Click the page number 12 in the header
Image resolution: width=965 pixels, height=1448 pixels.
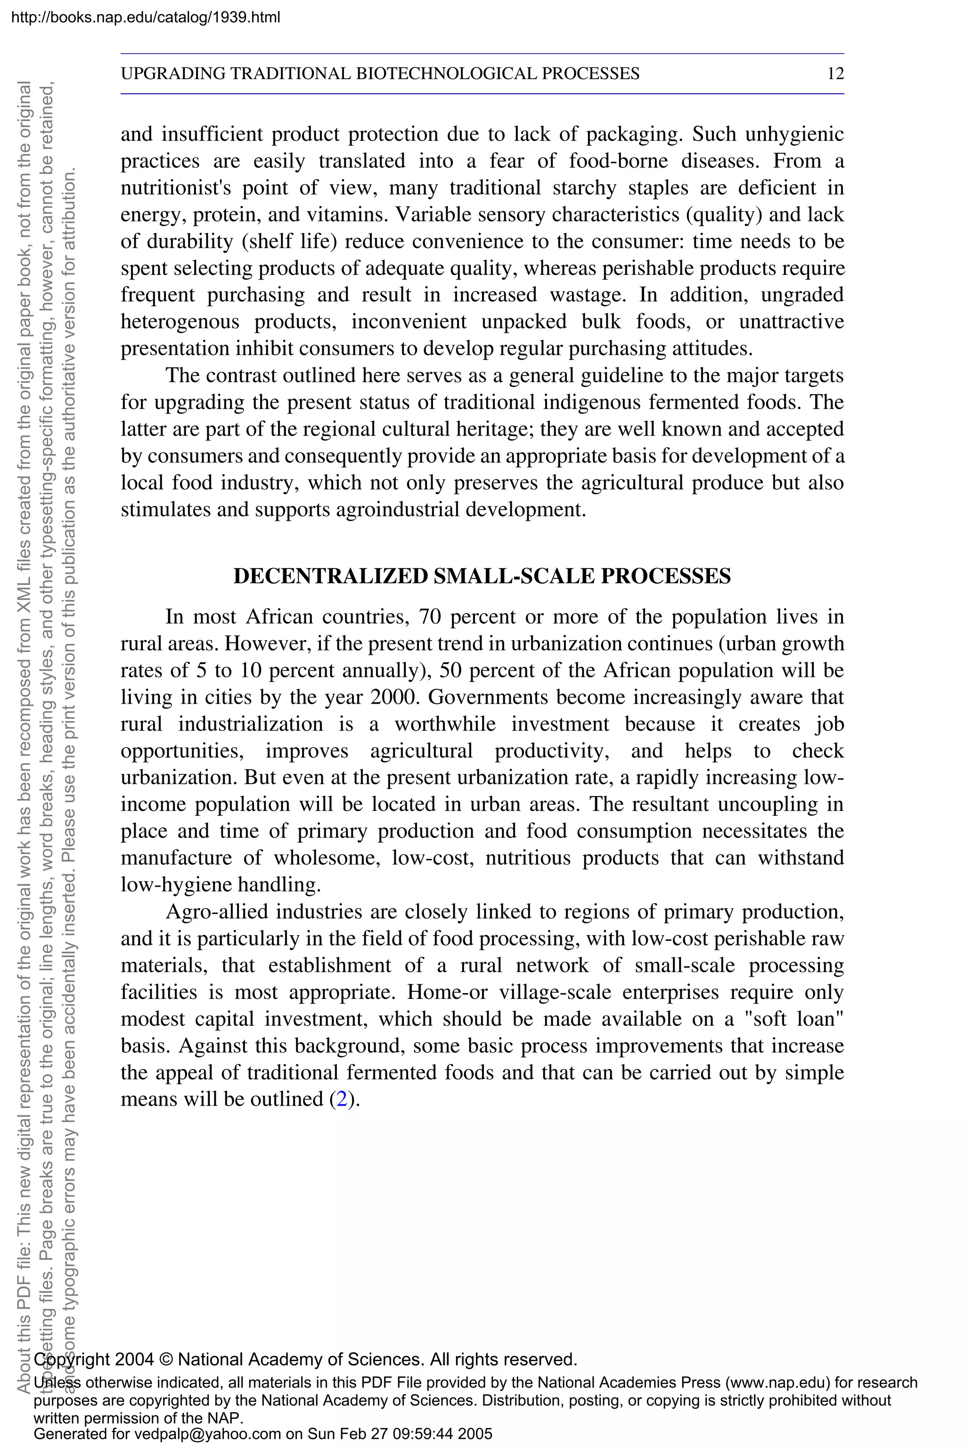click(x=835, y=74)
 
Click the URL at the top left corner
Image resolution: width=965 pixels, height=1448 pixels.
click(x=146, y=17)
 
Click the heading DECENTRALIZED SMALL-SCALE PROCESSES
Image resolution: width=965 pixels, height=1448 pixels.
click(x=482, y=576)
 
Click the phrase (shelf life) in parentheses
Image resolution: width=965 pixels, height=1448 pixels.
click(x=289, y=241)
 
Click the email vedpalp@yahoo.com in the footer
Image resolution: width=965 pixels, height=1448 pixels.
click(x=207, y=1434)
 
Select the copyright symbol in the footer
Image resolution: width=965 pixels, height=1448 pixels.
click(x=165, y=1359)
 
